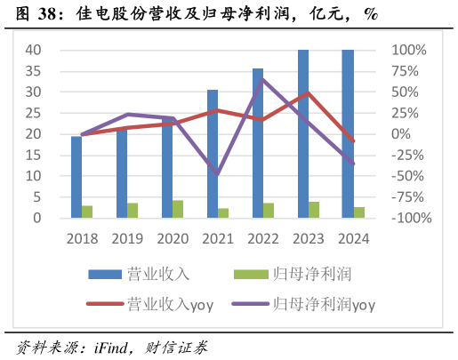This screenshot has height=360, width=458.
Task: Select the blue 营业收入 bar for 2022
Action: tap(258, 143)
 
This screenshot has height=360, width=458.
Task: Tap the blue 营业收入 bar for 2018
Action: tap(76, 177)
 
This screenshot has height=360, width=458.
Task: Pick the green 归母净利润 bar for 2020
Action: tap(178, 209)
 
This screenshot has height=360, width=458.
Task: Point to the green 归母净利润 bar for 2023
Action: tap(314, 210)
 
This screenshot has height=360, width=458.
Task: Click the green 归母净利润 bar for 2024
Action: tap(359, 212)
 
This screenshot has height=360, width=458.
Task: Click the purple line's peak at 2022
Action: tap(262, 79)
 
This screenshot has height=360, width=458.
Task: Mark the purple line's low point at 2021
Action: tap(217, 173)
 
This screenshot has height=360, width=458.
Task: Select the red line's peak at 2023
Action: tap(308, 92)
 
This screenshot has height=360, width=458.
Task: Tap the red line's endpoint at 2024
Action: tap(353, 141)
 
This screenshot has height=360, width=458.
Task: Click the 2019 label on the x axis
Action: tap(127, 238)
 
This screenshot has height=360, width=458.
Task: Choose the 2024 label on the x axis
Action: tap(353, 238)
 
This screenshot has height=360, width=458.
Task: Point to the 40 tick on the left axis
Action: tap(32, 51)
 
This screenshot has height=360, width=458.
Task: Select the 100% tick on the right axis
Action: tap(409, 51)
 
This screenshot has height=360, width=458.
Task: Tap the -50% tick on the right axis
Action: tap(409, 176)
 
